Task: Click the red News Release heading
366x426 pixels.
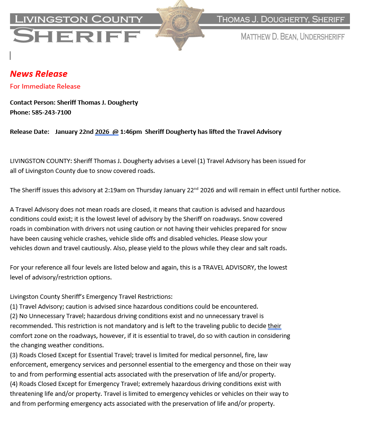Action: tap(39, 74)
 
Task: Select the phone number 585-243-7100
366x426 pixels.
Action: tap(51, 113)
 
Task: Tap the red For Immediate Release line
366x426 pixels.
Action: tap(45, 86)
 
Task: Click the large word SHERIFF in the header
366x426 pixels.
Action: tap(77, 35)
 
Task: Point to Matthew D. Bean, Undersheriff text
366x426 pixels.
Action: tap(292, 37)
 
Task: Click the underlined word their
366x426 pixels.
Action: tap(274, 326)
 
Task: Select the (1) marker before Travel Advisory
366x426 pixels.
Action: tap(14, 306)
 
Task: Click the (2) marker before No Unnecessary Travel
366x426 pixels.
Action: tap(14, 316)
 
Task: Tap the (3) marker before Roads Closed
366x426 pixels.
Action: tap(14, 355)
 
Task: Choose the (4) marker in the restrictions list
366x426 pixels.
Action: tap(14, 384)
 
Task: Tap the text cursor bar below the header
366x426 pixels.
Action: tap(10, 56)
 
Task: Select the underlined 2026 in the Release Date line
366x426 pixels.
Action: tap(102, 131)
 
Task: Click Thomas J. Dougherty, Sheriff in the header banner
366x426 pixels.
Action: tap(281, 19)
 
